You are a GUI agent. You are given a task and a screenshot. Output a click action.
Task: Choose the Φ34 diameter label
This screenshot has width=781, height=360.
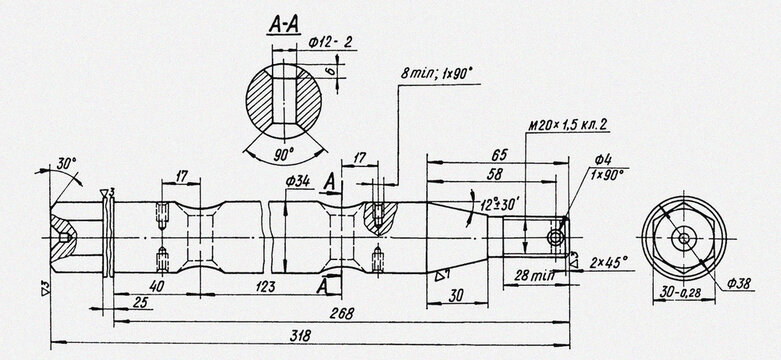[297, 181]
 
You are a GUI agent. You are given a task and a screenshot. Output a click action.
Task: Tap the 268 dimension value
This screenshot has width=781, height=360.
[341, 312]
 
